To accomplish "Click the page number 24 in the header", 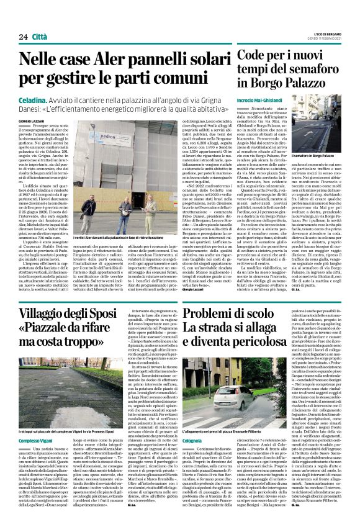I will (x=23, y=37).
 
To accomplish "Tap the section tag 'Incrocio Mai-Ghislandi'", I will (x=259, y=100).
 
